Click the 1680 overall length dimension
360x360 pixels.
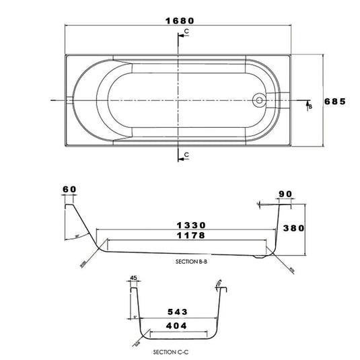[x=179, y=20]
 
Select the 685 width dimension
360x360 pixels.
[x=334, y=102]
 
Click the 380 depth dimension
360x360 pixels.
[x=293, y=228]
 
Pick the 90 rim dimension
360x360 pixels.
[x=285, y=194]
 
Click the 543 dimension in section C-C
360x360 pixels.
[x=177, y=312]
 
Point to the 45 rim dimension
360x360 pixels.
[x=133, y=277]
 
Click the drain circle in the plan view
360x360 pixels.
[x=258, y=101]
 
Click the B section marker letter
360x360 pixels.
[x=310, y=106]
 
